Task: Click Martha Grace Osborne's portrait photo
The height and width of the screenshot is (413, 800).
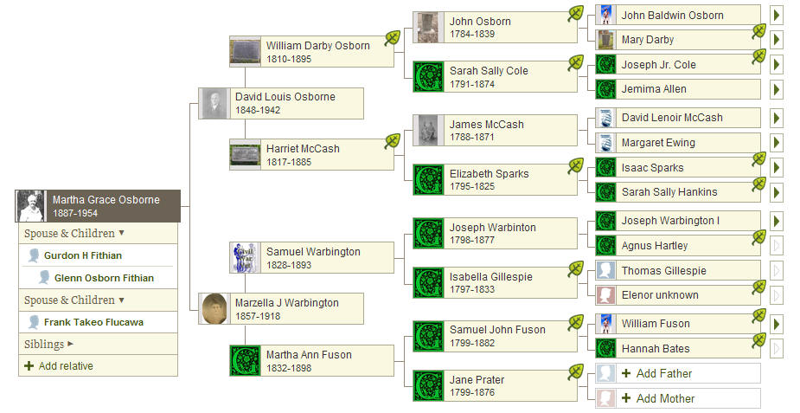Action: tap(30, 206)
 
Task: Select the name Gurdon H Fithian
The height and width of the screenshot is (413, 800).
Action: tap(83, 255)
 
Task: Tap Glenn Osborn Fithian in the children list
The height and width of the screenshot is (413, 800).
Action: tap(104, 278)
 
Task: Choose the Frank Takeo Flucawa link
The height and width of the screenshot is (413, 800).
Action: tap(93, 322)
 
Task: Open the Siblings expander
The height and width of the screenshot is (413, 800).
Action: tap(49, 344)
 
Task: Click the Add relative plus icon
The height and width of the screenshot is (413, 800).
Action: tap(29, 365)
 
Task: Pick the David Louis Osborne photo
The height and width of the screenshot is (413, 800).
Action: tap(214, 104)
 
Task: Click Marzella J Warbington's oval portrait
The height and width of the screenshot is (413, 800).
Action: tap(214, 308)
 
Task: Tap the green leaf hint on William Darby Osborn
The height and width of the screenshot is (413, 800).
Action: tap(393, 38)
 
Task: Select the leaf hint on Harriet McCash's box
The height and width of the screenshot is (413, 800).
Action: tap(393, 141)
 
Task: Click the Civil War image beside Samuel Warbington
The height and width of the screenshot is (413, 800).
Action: tap(245, 258)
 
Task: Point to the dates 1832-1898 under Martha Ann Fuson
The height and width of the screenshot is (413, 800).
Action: tap(289, 368)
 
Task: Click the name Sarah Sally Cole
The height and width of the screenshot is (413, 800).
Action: tap(489, 70)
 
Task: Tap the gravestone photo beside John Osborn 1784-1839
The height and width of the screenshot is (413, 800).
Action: tap(428, 28)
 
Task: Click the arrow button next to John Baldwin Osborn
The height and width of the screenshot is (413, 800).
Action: tap(777, 15)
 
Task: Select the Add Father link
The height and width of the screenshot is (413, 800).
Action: tap(657, 373)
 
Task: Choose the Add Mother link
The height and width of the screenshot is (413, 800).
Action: tap(658, 398)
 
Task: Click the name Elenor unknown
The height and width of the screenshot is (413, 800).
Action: tap(660, 295)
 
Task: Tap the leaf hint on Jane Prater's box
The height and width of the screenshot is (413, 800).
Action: tap(575, 372)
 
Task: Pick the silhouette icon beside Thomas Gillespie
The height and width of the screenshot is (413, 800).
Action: tap(605, 270)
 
